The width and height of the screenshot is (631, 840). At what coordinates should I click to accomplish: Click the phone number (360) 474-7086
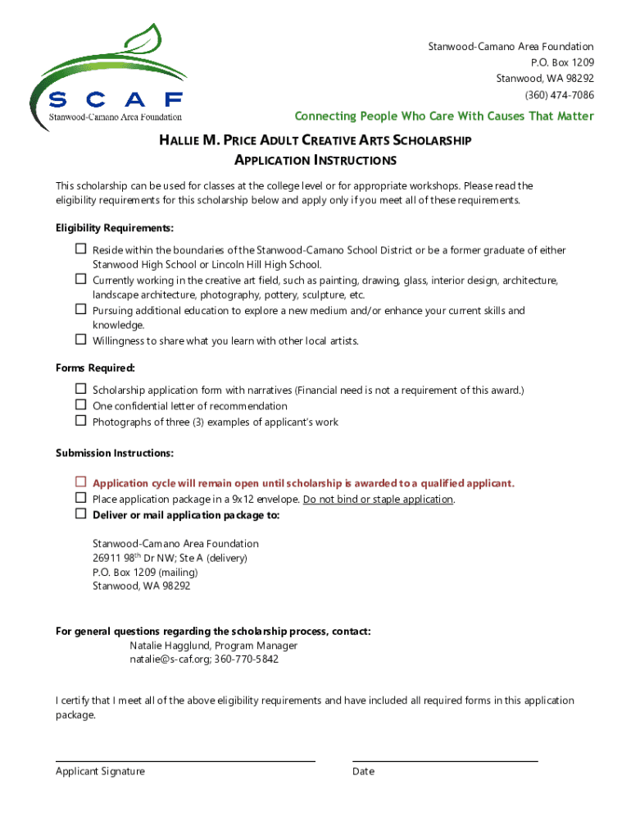(x=554, y=95)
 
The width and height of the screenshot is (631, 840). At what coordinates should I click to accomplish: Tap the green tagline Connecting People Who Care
(x=444, y=116)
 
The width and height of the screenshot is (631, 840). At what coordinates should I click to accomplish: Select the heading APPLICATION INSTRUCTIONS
(x=315, y=160)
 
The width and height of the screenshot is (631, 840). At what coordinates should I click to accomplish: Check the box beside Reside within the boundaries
(x=81, y=249)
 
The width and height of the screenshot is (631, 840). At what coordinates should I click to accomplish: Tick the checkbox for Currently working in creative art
(x=81, y=279)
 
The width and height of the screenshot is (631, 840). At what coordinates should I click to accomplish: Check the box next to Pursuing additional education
(x=81, y=309)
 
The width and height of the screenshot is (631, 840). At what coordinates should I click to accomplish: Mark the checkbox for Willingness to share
(x=81, y=339)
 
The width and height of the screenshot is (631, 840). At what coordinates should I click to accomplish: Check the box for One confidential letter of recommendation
(x=81, y=404)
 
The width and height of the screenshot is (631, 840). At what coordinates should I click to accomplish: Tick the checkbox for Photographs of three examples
(x=81, y=420)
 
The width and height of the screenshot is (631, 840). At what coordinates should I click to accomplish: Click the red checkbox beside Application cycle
(x=81, y=482)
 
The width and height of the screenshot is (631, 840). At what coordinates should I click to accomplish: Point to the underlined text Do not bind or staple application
(x=378, y=500)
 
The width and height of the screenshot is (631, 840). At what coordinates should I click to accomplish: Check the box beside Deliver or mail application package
(x=81, y=514)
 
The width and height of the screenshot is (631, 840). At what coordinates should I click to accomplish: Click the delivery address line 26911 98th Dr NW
(x=169, y=558)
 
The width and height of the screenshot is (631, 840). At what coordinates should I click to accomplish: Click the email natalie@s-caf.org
(x=168, y=660)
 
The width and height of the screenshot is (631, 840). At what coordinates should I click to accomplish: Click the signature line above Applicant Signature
(x=185, y=760)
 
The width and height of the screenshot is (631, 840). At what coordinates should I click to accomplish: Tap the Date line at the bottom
(x=445, y=760)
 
